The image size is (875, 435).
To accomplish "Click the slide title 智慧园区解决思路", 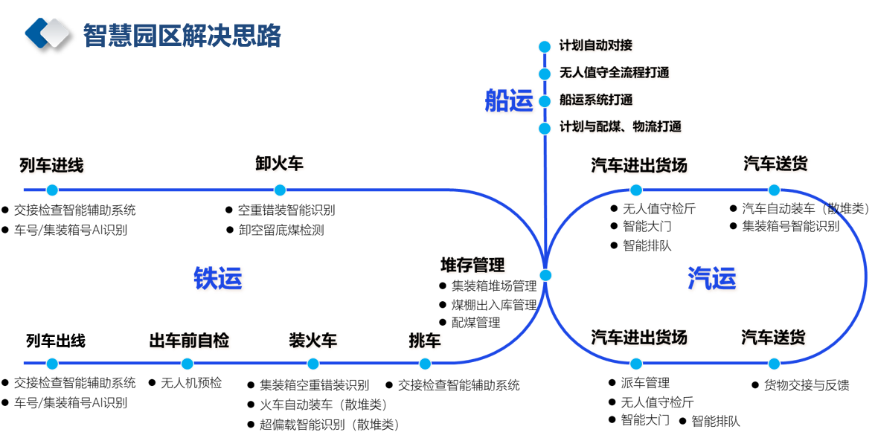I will [x=182, y=34].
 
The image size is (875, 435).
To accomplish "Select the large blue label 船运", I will [x=509, y=100].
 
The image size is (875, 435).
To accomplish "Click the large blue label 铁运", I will [x=218, y=278].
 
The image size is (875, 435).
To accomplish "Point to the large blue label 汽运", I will [x=712, y=278].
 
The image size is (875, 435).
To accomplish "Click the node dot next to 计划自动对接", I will [x=545, y=46].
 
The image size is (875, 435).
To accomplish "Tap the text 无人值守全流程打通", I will [x=614, y=73].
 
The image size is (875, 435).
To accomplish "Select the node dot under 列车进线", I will [x=51, y=190].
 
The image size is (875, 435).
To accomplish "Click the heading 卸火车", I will [x=279, y=164].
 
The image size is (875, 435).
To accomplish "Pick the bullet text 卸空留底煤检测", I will [x=281, y=230].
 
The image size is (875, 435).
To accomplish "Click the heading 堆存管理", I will [x=472, y=265].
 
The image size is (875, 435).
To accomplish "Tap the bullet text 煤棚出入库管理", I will [x=494, y=304].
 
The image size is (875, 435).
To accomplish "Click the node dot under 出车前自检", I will [x=187, y=364].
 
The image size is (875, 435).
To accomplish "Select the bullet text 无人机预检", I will [x=191, y=383].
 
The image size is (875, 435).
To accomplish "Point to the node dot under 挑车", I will [x=425, y=364].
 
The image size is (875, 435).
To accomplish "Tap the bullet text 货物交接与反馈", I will [x=806, y=385].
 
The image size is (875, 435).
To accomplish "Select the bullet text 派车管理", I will [x=645, y=383].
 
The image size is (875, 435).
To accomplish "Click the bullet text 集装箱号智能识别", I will [x=790, y=226].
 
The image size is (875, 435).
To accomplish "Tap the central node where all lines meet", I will [x=545, y=275].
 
